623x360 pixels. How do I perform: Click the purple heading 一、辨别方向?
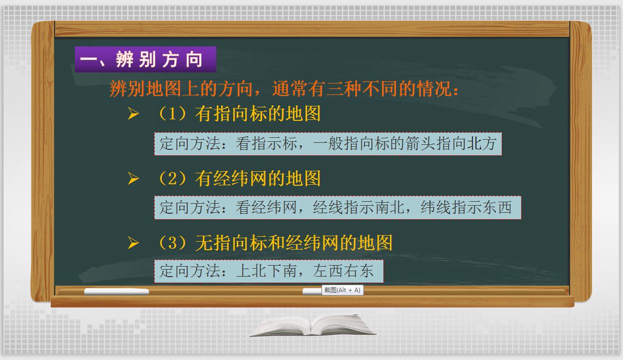pos(145,59)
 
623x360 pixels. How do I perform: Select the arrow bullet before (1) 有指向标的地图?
pos(133,115)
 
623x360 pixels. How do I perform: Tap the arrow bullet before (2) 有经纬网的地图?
pos(133,179)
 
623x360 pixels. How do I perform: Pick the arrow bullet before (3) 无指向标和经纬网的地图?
pos(133,243)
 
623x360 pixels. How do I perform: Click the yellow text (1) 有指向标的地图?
pos(239,114)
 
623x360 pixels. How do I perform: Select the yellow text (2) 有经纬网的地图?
pos(239,179)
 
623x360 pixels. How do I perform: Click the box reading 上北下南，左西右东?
pos(269,271)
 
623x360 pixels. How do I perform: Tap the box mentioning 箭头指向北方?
pos(327,144)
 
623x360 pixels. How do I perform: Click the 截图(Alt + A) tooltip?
pos(342,290)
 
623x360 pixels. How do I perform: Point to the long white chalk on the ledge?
pos(116,292)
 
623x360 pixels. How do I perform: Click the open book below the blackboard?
pos(312,325)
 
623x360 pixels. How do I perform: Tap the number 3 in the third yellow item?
pos(173,243)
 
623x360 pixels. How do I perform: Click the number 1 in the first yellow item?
pos(173,114)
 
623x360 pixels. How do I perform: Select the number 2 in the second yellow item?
pos(173,179)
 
